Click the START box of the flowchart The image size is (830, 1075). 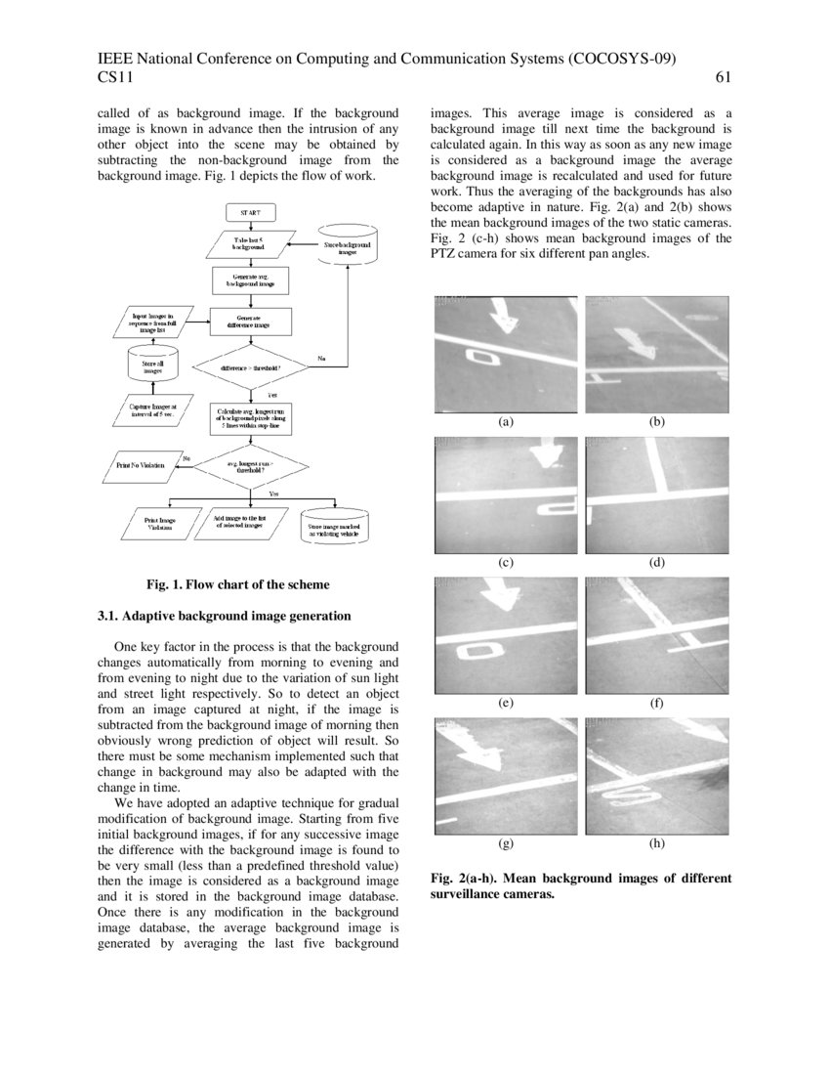(x=251, y=212)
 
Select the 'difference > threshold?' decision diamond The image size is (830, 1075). (x=251, y=366)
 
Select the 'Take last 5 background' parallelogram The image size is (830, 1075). (x=250, y=244)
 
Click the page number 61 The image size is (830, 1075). (x=724, y=77)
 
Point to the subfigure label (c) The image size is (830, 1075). (x=506, y=562)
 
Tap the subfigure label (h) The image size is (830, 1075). (x=656, y=842)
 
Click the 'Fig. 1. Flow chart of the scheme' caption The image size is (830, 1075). (x=238, y=584)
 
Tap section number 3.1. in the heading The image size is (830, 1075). (x=108, y=617)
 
